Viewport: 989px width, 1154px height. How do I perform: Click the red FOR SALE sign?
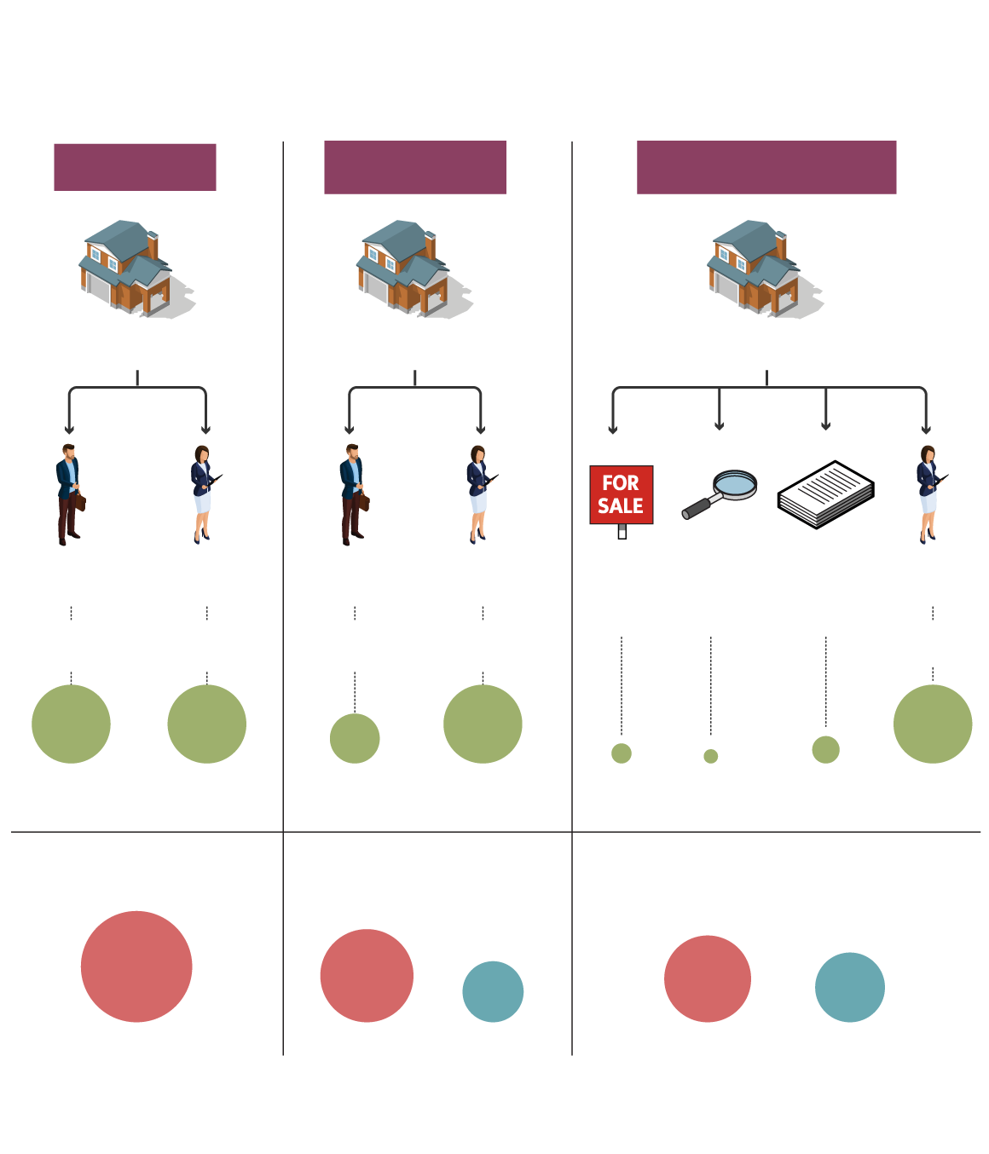coord(622,494)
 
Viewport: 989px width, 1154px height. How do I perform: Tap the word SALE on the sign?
coord(621,506)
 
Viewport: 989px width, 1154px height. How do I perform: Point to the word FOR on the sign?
coord(621,482)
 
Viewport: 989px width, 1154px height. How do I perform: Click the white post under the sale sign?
coord(622,532)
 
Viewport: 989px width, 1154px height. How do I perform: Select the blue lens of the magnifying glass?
coord(735,484)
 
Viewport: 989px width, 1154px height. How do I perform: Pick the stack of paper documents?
coord(825,494)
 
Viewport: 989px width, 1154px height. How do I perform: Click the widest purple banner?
coord(766,167)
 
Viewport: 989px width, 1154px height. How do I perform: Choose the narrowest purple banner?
coord(135,167)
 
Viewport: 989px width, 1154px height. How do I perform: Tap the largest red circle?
coord(136,966)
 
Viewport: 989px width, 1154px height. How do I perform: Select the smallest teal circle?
coord(493,991)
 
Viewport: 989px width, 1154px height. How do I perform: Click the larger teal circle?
coord(850,987)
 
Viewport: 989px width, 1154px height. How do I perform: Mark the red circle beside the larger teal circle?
coord(708,978)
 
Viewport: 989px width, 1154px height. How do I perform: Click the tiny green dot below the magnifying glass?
coord(711,756)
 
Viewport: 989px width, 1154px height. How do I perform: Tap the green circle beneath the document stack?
coord(825,750)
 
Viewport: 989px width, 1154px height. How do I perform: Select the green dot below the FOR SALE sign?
coord(622,753)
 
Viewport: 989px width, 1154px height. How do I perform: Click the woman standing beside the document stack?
coord(928,494)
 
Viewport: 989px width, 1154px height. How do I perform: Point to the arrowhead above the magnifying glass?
coord(720,425)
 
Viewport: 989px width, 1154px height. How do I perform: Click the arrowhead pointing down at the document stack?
coord(825,425)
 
